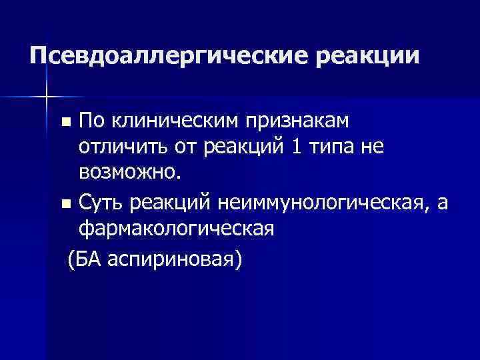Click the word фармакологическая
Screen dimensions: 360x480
coord(176,228)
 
